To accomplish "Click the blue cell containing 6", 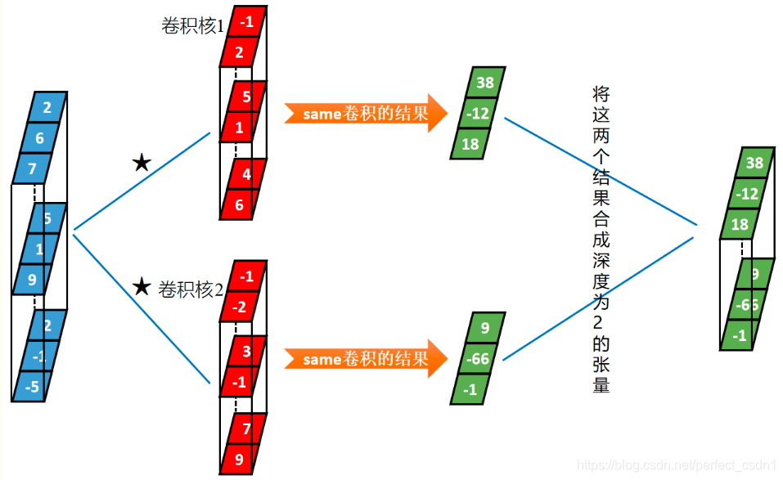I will coord(40,139).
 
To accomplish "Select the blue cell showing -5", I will coord(33,387).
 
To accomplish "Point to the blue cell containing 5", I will coord(47,218).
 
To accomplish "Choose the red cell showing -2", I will coord(240,307).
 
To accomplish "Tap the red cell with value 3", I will coord(245,352).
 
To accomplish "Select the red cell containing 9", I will coord(239,459).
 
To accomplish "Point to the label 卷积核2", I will coord(191,289).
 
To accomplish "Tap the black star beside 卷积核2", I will coord(142,287).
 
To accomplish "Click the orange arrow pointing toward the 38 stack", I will coord(367,114).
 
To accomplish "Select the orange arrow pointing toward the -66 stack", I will coord(367,358).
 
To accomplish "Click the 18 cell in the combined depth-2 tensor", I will coord(740,224).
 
